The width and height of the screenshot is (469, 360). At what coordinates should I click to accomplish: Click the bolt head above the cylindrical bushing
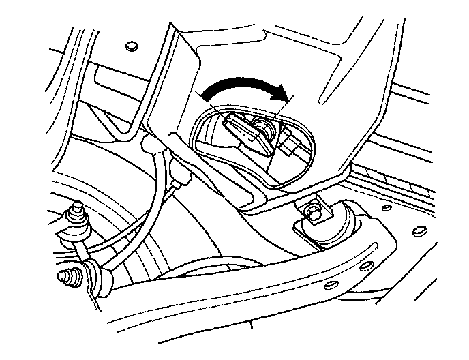coord(313,212)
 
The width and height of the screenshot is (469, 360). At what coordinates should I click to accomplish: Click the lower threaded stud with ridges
coord(67,277)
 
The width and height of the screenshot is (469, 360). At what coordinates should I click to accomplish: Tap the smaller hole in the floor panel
coord(387,207)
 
